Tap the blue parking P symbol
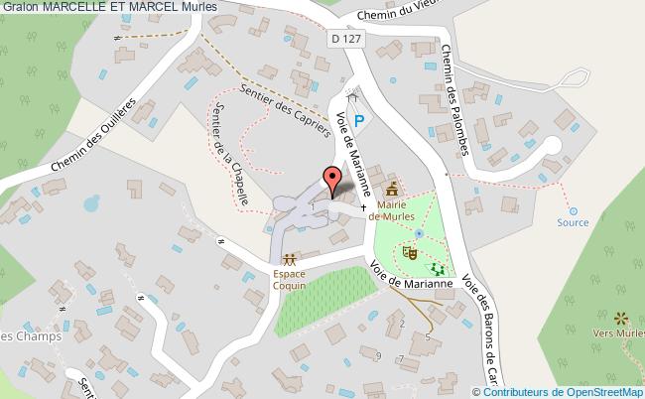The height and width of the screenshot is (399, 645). pos(359,120)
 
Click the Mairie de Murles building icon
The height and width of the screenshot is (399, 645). pos(393,187)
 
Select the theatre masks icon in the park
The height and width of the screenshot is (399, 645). pos(409,254)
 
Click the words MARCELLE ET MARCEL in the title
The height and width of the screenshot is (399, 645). pos(113,8)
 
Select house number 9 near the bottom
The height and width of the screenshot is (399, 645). pos(378,355)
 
